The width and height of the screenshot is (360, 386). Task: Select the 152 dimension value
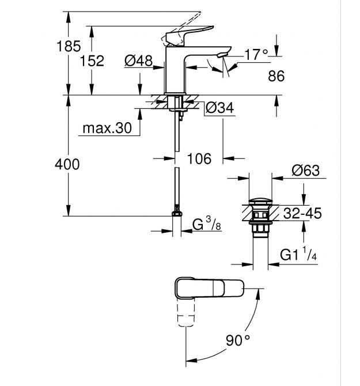coord(92,61)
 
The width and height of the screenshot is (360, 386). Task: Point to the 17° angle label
coord(257,55)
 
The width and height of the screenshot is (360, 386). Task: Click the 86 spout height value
coord(277,75)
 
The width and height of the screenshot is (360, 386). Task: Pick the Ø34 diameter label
coord(218,107)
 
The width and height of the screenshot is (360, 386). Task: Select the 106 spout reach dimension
coord(199,158)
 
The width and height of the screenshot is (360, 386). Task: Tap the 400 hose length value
coord(67,164)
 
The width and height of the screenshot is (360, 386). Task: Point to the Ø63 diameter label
coord(305,171)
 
